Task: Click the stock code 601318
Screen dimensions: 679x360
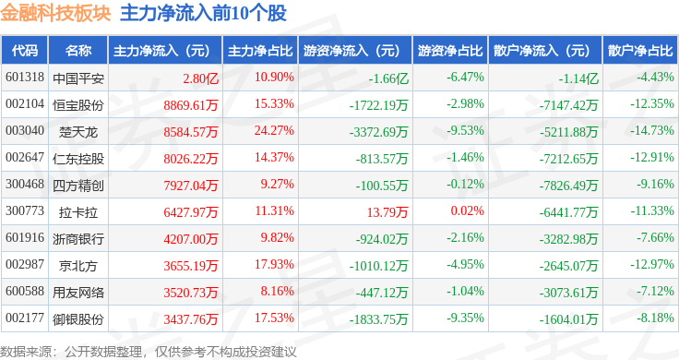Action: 25,78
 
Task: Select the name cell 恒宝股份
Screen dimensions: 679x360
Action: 78,105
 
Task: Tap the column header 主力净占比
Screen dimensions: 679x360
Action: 260,51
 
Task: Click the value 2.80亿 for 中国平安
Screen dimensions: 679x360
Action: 200,78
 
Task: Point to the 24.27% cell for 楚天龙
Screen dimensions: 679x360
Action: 274,130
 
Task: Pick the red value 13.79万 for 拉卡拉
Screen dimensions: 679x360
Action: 387,211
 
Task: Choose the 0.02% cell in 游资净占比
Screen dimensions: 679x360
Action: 467,211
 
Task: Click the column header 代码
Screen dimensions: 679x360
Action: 25,51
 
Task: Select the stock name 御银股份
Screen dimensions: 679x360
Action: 78,319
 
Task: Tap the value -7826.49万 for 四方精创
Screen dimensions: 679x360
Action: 568,186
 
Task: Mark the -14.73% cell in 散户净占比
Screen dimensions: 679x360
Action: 652,130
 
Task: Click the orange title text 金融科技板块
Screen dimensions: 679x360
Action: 55,14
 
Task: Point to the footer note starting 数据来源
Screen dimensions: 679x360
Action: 149,352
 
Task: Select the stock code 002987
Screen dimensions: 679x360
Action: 25,264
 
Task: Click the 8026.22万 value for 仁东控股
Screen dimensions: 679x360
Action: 191,159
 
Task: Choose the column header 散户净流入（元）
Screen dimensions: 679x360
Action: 545,51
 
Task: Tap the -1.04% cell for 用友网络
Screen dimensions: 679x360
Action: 466,291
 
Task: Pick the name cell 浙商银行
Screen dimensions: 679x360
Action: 78,239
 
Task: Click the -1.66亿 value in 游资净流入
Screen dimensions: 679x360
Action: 388,78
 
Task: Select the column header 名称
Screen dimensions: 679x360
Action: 78,51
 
